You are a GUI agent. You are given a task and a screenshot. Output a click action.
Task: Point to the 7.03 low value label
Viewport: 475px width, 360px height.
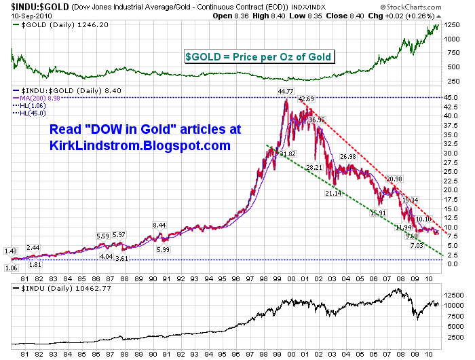[417, 245]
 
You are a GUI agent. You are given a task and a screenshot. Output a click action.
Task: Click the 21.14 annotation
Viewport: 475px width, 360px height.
[332, 194]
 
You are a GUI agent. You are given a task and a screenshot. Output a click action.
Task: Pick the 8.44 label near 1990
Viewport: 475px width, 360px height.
[159, 225]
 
